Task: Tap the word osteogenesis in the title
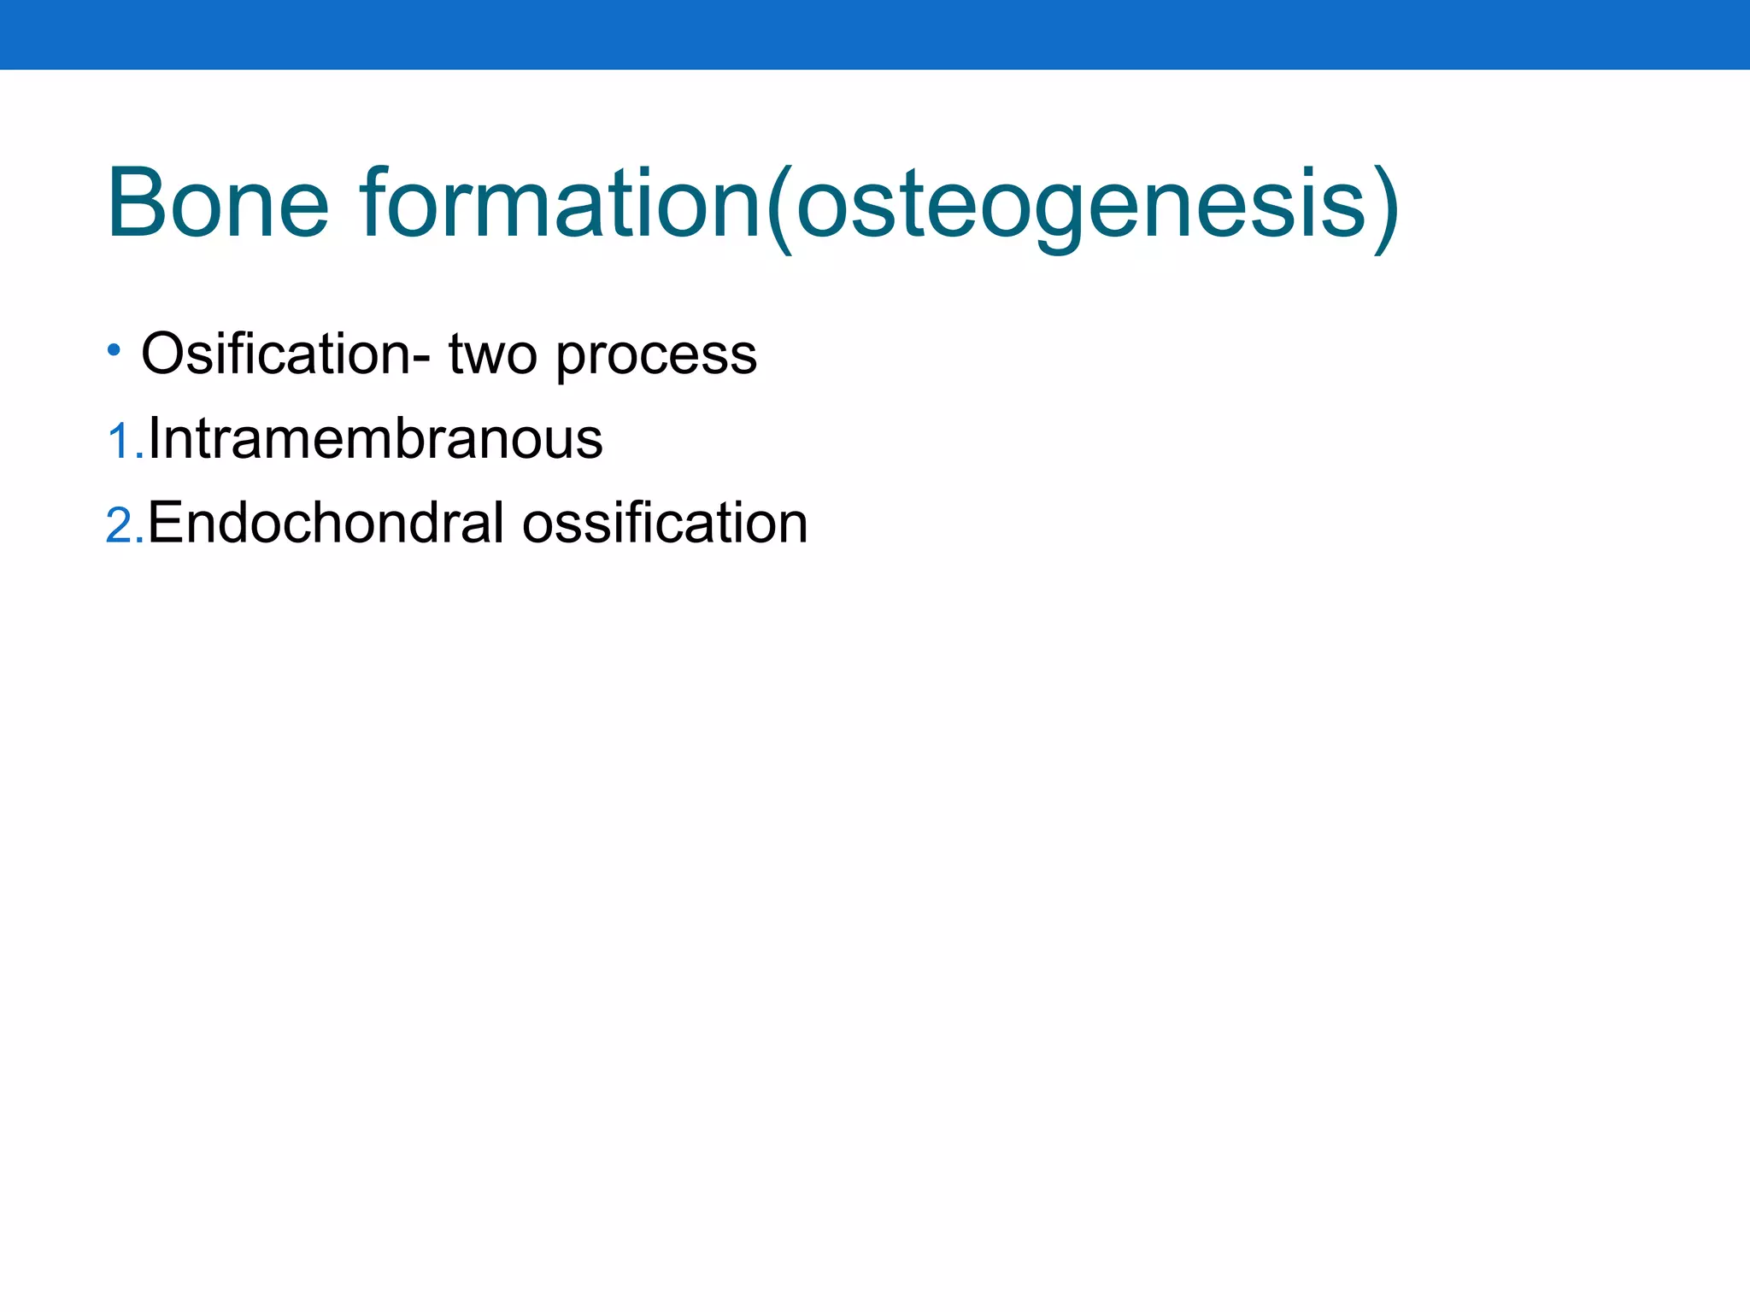click(x=1081, y=205)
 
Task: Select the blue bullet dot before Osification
click(x=114, y=349)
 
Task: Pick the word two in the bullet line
click(x=493, y=355)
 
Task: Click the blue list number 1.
click(x=120, y=442)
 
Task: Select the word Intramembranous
click(x=376, y=439)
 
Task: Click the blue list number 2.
click(x=120, y=525)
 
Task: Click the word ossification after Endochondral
click(x=665, y=523)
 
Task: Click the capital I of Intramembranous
click(x=155, y=439)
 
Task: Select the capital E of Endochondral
click(x=166, y=523)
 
